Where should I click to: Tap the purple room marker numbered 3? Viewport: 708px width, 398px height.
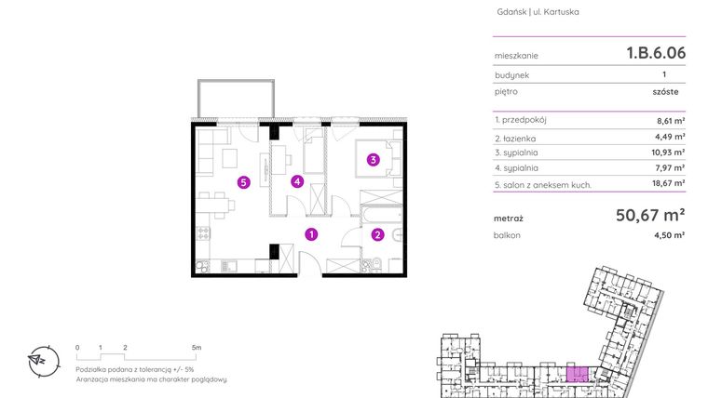click(x=372, y=159)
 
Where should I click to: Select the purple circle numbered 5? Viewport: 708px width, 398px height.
click(x=242, y=182)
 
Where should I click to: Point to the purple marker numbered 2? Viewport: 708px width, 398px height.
click(x=377, y=234)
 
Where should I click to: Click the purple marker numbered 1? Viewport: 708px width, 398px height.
click(x=312, y=234)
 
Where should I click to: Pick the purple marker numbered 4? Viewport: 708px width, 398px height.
click(x=296, y=181)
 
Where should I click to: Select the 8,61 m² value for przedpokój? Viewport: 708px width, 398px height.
click(x=671, y=120)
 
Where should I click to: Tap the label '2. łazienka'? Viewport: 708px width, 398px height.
click(x=516, y=136)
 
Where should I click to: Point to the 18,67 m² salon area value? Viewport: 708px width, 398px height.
click(x=668, y=183)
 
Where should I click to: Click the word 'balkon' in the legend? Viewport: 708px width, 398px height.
click(x=508, y=235)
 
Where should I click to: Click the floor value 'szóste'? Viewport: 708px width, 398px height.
click(x=665, y=92)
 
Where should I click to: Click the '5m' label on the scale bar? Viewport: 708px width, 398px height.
click(x=196, y=346)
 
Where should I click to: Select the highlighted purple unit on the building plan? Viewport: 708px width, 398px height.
click(x=578, y=375)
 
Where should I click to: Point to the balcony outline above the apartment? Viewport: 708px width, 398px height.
click(x=236, y=98)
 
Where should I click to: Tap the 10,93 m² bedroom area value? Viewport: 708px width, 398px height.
click(x=669, y=152)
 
